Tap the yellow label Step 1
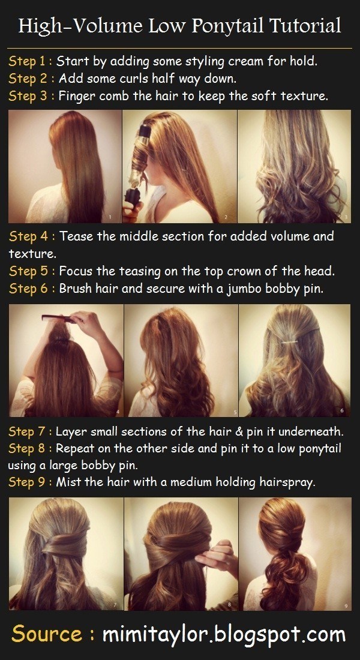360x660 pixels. (x=28, y=61)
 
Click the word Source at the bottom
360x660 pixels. (x=47, y=634)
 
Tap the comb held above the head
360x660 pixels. (x=59, y=318)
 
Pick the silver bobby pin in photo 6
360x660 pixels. (x=290, y=341)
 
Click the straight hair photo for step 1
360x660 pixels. (x=65, y=167)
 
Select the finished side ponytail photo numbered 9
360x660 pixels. (x=295, y=554)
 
